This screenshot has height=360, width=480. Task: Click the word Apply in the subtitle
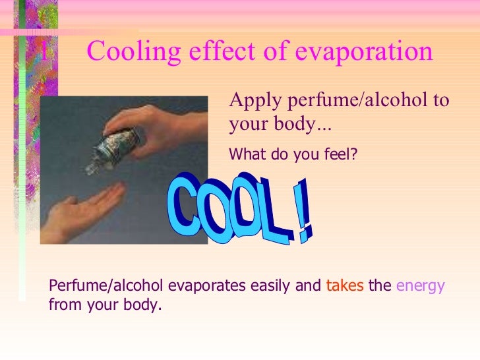250,102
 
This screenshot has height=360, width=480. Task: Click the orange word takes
345,286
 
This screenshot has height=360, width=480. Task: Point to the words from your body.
105,306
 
